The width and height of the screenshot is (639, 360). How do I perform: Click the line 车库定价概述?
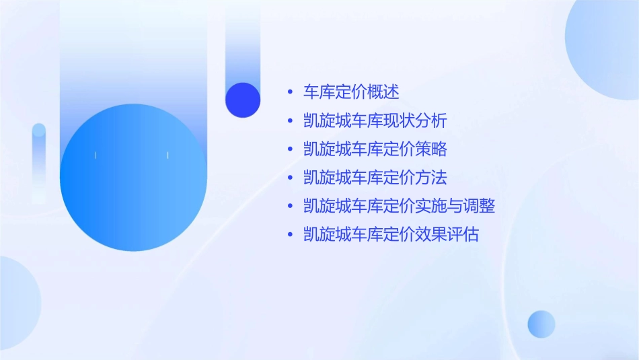click(351, 92)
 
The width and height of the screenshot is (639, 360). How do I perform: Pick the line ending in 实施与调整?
click(399, 206)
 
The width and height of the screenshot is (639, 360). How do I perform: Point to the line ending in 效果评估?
click(391, 235)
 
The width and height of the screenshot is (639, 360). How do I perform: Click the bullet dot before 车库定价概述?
click(289, 93)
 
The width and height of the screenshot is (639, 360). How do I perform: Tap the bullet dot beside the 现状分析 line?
click(289, 122)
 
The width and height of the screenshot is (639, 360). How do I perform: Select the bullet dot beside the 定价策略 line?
click(289, 150)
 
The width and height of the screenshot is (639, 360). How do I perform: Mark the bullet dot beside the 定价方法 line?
click(289, 178)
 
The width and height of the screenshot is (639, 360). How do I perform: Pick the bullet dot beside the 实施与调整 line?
click(289, 207)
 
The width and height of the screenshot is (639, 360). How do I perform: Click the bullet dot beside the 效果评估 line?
click(289, 236)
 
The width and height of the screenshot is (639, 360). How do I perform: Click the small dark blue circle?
click(243, 100)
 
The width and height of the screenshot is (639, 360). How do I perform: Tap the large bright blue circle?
click(133, 178)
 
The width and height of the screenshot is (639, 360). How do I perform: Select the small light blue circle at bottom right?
click(541, 324)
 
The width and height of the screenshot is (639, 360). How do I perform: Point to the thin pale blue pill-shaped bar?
click(39, 161)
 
